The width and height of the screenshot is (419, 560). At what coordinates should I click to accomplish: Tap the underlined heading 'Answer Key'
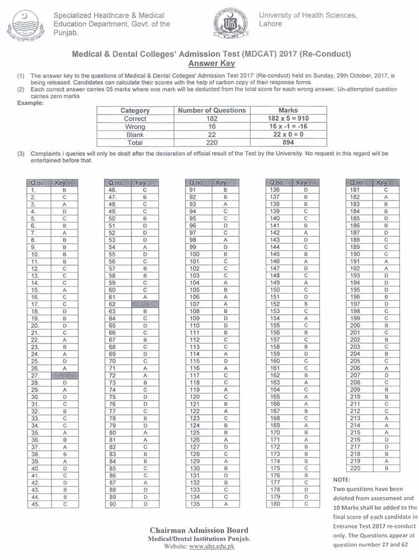pos(210,63)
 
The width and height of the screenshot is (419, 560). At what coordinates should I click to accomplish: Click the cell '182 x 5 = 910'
pos(288,118)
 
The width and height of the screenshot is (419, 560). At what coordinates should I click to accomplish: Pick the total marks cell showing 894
pos(288,142)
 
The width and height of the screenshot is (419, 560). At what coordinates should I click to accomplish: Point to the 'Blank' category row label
pos(135,134)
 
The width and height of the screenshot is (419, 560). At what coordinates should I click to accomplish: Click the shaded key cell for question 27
pos(60,376)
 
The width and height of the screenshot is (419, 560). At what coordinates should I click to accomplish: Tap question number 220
pos(354,468)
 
